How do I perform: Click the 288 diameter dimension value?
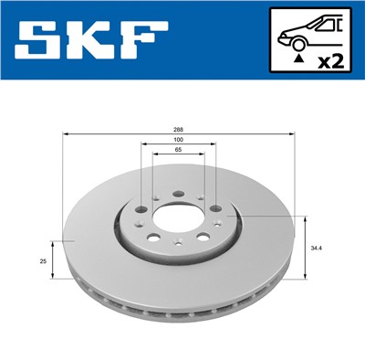(179, 129)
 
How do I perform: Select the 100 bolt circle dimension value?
(179, 141)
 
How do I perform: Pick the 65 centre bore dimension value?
(179, 152)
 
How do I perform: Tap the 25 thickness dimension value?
(43, 261)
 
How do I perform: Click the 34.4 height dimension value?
(317, 248)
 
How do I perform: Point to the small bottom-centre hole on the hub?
(179, 248)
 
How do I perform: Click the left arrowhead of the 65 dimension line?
(154, 155)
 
